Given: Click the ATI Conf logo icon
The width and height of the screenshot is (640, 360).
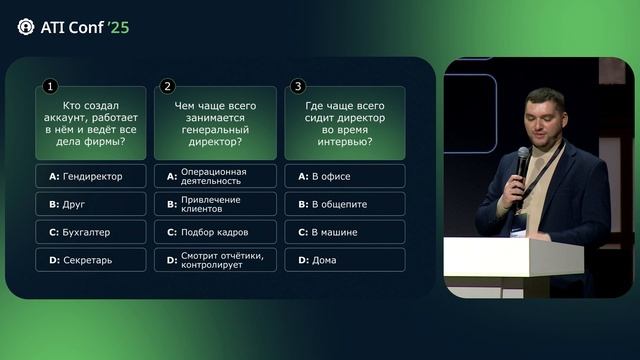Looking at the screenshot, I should tap(25, 27).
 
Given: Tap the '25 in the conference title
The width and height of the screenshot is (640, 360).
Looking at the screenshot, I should tap(118, 27).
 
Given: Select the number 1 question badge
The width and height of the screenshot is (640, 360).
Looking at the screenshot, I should tap(50, 87).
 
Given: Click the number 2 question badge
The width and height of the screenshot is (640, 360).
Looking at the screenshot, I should tap(168, 87).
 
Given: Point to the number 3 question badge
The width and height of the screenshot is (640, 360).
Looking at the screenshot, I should tap(299, 87).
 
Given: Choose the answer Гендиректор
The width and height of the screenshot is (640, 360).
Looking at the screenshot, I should tap(90, 176).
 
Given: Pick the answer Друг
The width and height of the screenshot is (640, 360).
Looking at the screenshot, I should tap(90, 204).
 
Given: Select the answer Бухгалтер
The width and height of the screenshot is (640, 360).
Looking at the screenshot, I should tap(90, 232).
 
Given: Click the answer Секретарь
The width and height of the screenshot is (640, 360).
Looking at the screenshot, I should tap(90, 260).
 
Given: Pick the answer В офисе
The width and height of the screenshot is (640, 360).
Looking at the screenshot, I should tap(345, 176).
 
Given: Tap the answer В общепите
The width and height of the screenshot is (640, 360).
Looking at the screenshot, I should tap(345, 204).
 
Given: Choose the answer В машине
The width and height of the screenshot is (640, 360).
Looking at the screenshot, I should tap(345, 232).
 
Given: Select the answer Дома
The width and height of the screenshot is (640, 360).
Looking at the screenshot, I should tap(345, 260).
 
